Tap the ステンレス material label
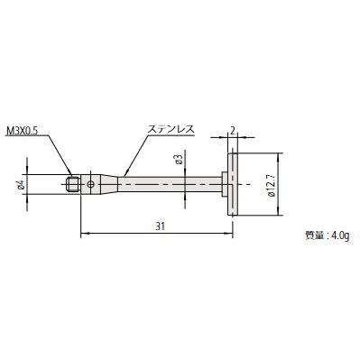(x=171, y=130)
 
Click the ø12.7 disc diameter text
(x=271, y=185)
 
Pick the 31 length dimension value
(x=161, y=226)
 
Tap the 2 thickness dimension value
(x=233, y=130)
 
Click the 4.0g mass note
(x=340, y=235)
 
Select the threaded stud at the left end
(x=72, y=184)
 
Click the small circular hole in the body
(x=90, y=184)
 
